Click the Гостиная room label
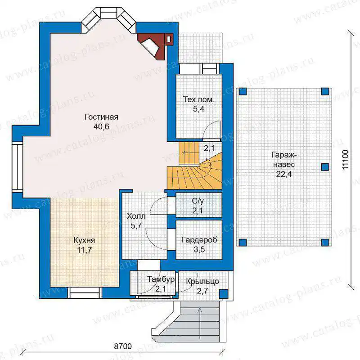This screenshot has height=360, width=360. click(101, 117)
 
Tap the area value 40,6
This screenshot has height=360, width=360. click(101, 126)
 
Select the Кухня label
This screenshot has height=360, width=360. click(84, 240)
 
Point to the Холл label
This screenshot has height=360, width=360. click(136, 216)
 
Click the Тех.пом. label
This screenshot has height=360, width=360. click(198, 99)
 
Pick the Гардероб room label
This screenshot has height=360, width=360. click(199, 240)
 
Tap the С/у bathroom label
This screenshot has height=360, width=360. click(198, 201)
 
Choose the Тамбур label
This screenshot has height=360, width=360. click(161, 279)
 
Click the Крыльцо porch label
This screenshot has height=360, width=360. click(202, 282)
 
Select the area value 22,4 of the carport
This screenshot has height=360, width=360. click(284, 174)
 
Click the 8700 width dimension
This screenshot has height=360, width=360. click(123, 346)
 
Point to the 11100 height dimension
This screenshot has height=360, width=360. click(345, 160)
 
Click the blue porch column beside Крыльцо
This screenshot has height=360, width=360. click(223, 294)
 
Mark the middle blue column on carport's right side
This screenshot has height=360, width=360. click(325, 167)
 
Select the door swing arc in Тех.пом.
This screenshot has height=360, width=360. click(210, 127)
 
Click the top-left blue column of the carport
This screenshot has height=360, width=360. click(243, 91)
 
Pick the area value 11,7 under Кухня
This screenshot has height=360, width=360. click(84, 250)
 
